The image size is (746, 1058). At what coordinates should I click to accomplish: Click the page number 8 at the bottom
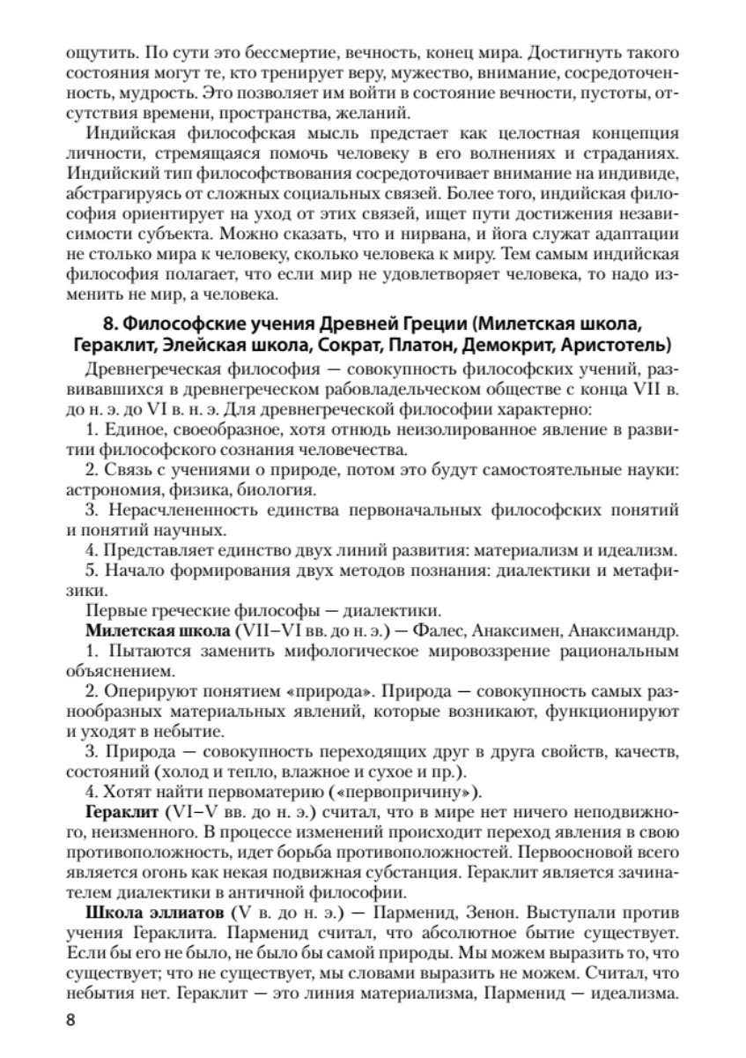[71, 1020]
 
